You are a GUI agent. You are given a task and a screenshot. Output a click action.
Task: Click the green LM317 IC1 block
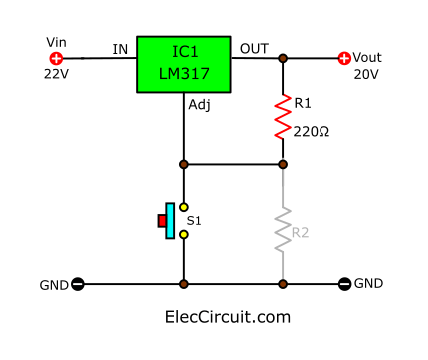pos(183,65)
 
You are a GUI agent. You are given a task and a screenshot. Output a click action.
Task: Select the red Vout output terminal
pos(345,58)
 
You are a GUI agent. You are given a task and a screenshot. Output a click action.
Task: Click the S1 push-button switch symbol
pos(169,220)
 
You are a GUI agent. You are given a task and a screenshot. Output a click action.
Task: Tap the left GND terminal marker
pos(78,284)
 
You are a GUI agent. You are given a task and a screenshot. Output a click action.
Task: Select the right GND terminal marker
pos(345,284)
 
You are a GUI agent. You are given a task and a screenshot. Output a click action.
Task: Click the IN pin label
pos(120,48)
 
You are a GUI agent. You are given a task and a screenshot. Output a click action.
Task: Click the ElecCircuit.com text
pos(227,317)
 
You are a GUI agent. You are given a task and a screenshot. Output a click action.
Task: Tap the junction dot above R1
pos(283,59)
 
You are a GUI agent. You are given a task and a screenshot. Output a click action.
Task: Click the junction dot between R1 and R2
pos(283,163)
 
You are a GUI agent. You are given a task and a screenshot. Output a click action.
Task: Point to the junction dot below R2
pos(283,284)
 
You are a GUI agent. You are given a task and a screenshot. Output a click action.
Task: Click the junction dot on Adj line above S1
pos(183,163)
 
